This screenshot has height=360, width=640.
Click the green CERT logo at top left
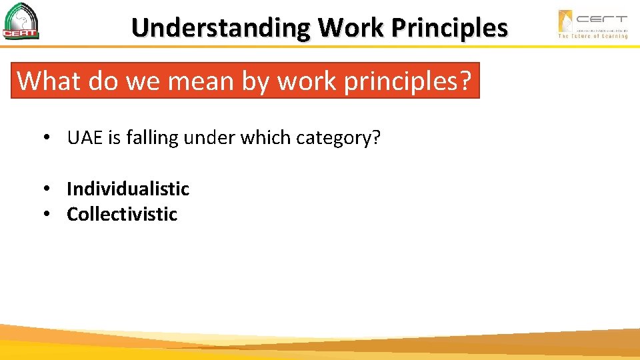pos(21,21)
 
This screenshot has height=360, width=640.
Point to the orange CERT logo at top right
pos(593,20)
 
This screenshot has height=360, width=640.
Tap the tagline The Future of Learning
pos(593,36)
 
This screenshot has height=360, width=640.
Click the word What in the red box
pos(44,81)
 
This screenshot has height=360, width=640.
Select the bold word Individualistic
pos(128,189)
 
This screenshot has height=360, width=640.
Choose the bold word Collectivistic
pos(122,214)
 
